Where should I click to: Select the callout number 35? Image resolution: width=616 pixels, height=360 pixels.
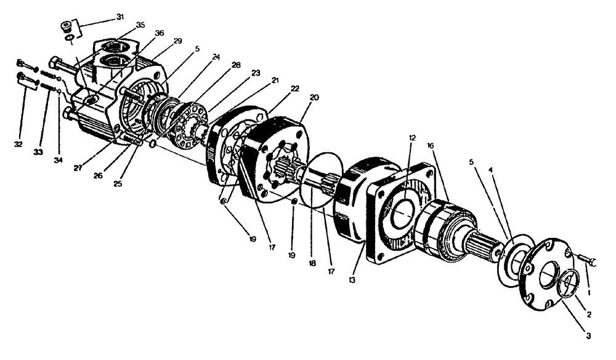pyautogui.click(x=141, y=25)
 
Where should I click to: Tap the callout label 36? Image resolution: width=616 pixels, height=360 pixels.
pyautogui.click(x=160, y=34)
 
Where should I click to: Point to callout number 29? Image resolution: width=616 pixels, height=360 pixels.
pyautogui.click(x=178, y=41)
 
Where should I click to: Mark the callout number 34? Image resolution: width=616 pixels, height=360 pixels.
pyautogui.click(x=58, y=160)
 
